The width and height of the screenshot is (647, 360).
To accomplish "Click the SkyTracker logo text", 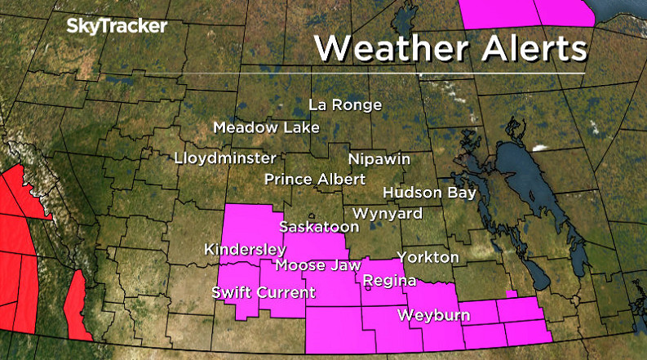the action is [116, 27].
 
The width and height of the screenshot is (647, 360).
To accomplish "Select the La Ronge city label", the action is [345, 105].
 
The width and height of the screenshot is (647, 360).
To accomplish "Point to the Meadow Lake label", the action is [266, 127].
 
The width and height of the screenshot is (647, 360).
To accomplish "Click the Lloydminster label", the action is [226, 158].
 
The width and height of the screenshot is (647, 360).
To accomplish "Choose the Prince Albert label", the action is [316, 180].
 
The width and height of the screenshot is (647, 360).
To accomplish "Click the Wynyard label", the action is [388, 214].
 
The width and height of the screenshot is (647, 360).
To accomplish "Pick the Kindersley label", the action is [245, 249].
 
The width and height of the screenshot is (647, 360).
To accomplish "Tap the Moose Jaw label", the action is [313, 265].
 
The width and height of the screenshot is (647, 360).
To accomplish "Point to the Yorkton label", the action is [428, 257].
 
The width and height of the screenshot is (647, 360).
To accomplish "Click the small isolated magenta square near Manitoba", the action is [512, 294].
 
